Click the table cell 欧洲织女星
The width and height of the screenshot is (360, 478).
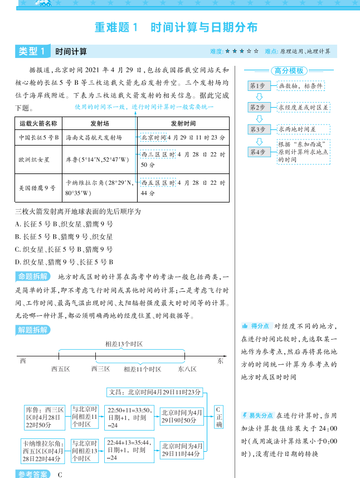pos(34,159)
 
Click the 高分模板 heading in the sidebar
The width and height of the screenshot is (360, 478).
pos(289,71)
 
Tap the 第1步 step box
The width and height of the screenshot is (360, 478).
pos(260,86)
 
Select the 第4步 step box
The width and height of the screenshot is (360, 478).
pos(260,152)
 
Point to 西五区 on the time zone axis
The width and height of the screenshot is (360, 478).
pos(60,369)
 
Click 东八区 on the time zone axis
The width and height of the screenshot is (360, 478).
pos(187,369)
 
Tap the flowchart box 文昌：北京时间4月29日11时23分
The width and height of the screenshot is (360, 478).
pos(154,392)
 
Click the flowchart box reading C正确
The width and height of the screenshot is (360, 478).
pos(219,417)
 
